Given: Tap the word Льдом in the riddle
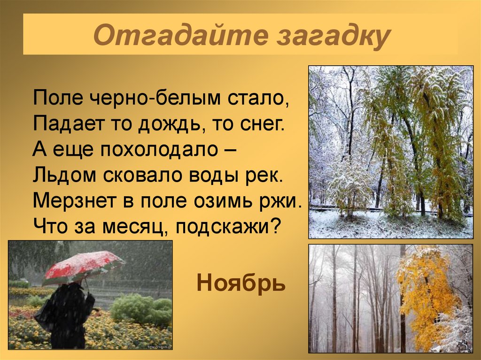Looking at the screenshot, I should click(58, 175).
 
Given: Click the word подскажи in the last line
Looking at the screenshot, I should click(222, 227).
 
